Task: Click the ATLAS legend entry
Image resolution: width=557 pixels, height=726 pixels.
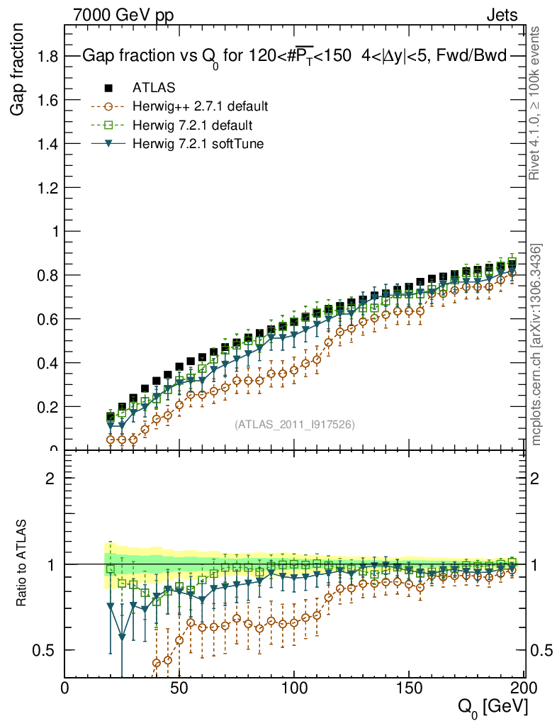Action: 154,88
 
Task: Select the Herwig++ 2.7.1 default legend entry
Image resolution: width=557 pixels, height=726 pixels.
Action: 199,107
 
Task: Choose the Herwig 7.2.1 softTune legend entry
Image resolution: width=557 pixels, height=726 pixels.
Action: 198,145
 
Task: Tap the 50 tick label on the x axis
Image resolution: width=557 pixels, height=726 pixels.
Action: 180,688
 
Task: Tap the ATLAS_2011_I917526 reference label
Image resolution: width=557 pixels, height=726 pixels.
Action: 294,424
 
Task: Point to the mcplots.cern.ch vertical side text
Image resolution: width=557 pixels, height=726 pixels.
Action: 536,344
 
